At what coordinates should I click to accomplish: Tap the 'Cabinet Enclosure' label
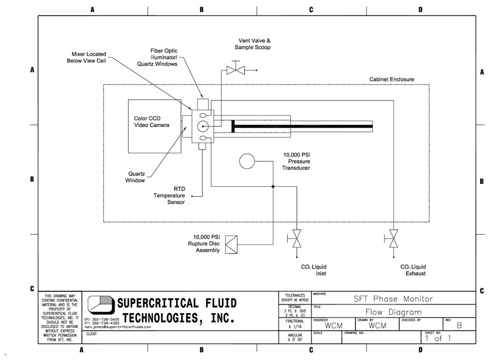pos(392,79)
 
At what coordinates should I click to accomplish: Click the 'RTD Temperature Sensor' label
pos(169,196)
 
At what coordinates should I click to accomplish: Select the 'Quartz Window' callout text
pos(135,177)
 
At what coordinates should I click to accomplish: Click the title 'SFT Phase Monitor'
pos(393,299)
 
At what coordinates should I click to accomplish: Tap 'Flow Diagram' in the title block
pos(393,312)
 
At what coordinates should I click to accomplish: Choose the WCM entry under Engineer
pos(333,325)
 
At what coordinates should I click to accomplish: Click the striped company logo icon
pos(99,309)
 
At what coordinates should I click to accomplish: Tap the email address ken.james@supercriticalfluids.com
pos(118,327)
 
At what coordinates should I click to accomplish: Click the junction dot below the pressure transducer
pos(273,187)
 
